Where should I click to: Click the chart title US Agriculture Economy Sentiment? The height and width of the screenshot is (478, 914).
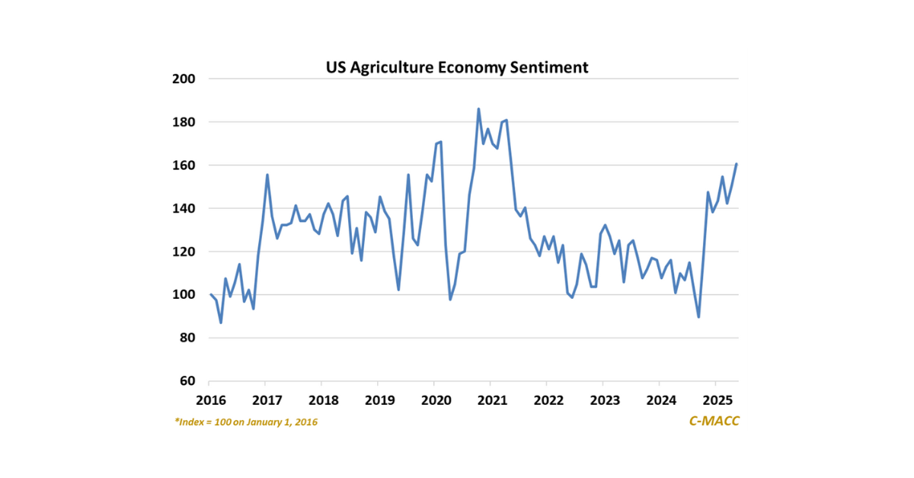coord(457,67)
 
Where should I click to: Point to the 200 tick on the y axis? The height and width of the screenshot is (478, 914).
coord(186,79)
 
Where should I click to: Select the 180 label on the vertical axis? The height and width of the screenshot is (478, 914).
coord(186,122)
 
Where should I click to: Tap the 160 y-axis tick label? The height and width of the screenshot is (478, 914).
coord(186,165)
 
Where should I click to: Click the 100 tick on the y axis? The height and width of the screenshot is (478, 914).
coord(186,295)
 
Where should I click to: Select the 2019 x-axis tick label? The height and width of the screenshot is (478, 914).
coord(379,400)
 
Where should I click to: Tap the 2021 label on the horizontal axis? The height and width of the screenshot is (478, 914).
coord(491,400)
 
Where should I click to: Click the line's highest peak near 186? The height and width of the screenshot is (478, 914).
coord(478,109)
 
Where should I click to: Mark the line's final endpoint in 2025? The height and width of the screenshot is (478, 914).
coord(737,164)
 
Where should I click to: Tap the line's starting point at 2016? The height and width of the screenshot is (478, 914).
coord(211,294)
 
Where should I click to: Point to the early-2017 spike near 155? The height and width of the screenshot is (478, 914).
coord(267,175)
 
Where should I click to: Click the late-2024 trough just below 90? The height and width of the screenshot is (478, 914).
coord(698,317)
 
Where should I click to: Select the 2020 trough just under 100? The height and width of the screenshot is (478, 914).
coord(450,300)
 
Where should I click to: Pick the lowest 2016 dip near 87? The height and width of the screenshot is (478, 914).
coord(221,322)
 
